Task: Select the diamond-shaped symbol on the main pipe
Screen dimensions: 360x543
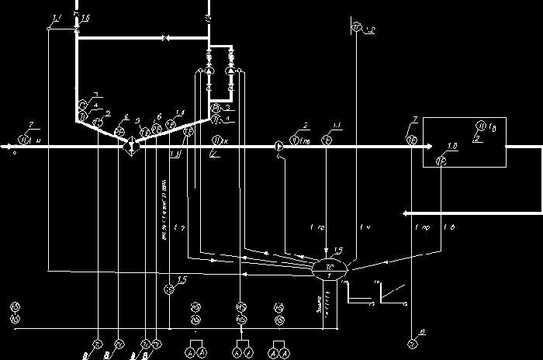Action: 129,145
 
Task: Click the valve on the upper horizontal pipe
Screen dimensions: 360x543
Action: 165,37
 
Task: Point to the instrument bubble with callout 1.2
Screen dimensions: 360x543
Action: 356,29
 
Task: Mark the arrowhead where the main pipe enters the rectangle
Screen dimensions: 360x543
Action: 418,145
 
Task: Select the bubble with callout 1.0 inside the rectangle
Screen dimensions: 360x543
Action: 441,161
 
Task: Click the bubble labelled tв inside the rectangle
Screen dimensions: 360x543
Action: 481,125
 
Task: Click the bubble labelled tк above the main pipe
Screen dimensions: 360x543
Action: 219,140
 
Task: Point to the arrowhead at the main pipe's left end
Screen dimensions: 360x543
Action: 7,145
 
